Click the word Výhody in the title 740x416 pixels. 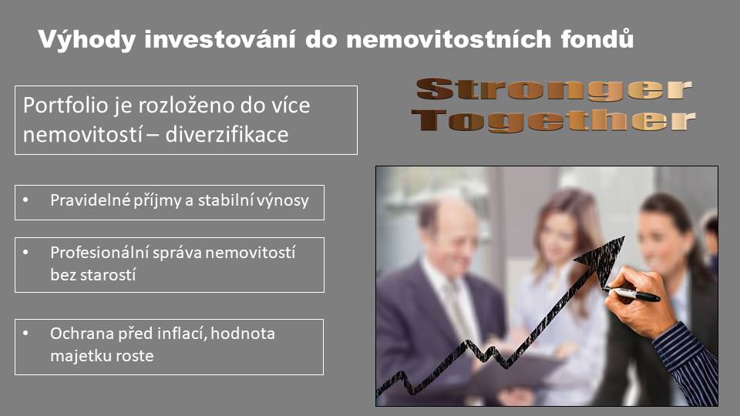click(87, 39)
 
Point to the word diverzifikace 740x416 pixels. click(227, 134)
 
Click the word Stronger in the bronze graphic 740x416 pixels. click(553, 89)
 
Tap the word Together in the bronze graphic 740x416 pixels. click(553, 121)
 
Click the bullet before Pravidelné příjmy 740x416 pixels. click(25, 200)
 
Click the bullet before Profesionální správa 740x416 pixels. click(25, 253)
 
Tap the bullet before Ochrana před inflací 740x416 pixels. click(25, 334)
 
